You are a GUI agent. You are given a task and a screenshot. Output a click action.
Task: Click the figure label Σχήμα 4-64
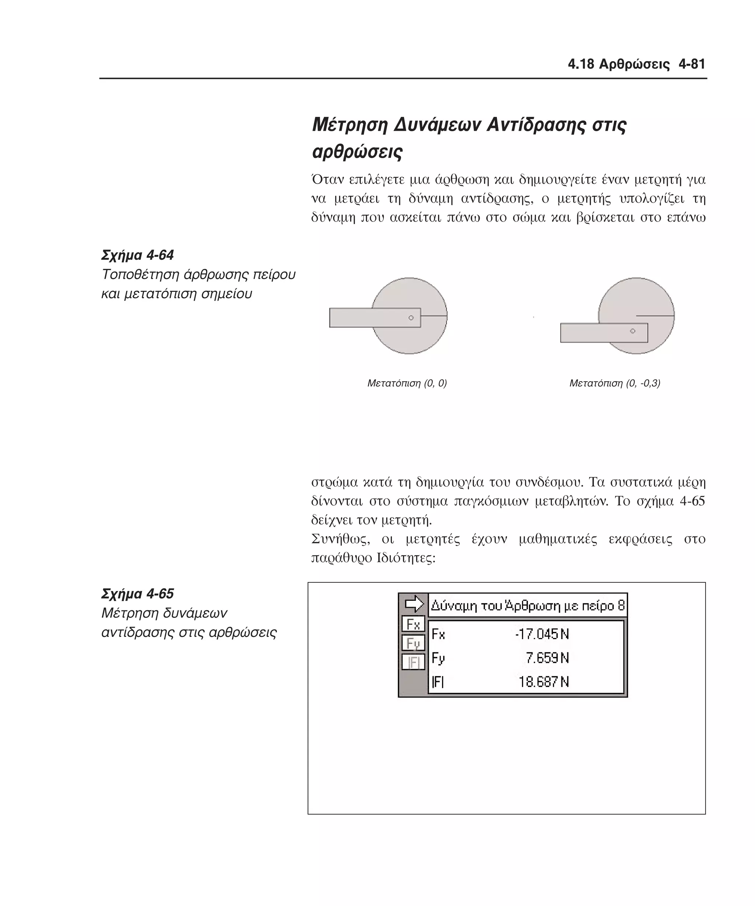pyautogui.click(x=137, y=255)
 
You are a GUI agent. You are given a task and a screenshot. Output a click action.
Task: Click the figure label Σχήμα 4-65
pyautogui.click(x=137, y=594)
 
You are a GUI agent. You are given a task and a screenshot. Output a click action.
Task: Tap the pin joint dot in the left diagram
pyautogui.click(x=411, y=318)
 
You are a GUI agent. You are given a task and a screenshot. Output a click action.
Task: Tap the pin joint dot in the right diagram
pyautogui.click(x=633, y=331)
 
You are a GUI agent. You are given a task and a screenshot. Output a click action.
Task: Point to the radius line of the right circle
pyautogui.click(x=655, y=316)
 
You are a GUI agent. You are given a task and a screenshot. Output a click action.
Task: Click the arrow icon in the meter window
pyautogui.click(x=414, y=604)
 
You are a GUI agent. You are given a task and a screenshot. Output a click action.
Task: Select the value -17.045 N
pyautogui.click(x=542, y=634)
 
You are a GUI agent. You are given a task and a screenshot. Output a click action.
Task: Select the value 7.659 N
pyautogui.click(x=547, y=658)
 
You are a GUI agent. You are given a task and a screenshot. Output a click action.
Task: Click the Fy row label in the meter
pyautogui.click(x=438, y=658)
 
